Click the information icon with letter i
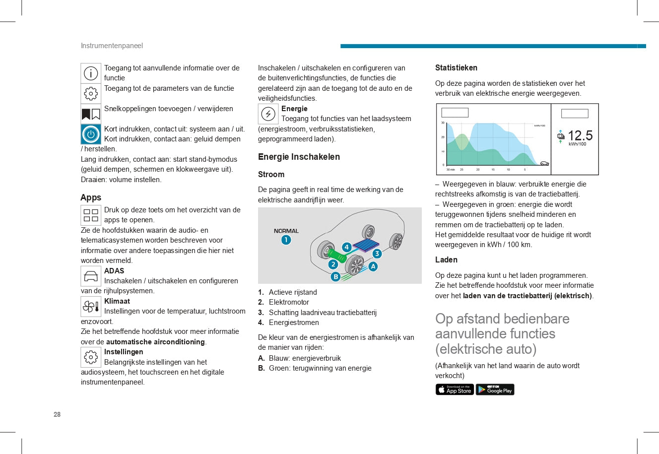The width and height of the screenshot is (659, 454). [x=91, y=73]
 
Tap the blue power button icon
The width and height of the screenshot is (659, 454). [x=91, y=134]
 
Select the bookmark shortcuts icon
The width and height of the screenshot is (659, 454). [x=91, y=114]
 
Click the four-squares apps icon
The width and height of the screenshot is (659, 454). [x=91, y=215]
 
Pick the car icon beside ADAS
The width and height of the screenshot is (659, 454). [x=91, y=276]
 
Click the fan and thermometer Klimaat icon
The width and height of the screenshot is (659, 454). [x=91, y=307]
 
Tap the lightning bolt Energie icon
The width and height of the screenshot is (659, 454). [x=268, y=114]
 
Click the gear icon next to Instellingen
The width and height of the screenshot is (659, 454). [x=91, y=357]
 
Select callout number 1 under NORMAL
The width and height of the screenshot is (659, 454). [x=286, y=240]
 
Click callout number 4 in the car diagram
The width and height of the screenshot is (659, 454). [x=346, y=247]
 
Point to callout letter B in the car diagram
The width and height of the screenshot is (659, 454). [x=335, y=277]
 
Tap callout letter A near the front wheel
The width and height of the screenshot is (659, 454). [x=373, y=266]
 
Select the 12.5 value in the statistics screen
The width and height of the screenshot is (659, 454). [x=580, y=135]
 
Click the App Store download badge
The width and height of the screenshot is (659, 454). [x=455, y=389]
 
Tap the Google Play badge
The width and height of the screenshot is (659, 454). [x=495, y=389]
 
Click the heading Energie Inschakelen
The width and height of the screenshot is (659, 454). [x=299, y=157]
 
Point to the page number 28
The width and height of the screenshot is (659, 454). [x=57, y=414]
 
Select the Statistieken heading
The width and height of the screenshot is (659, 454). [x=456, y=68]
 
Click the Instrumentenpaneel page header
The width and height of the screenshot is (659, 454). [x=112, y=46]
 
